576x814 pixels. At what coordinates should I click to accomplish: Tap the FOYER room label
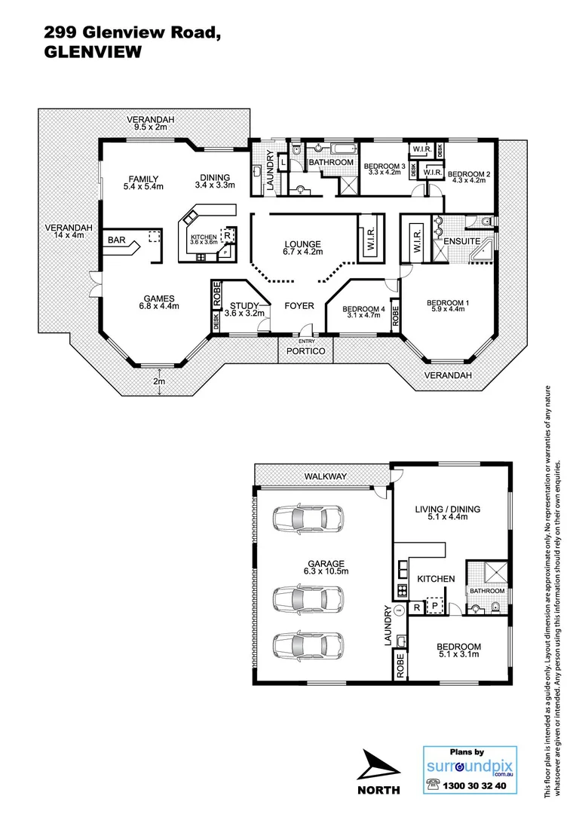(299, 306)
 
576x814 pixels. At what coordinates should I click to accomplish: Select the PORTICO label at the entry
(306, 352)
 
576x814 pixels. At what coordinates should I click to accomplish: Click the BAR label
(117, 240)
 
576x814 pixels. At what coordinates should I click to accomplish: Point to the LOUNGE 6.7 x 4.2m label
(302, 248)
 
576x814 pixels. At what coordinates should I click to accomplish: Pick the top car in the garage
(307, 519)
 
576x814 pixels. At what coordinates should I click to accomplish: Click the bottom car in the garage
(307, 646)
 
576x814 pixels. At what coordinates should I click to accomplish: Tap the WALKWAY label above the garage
(325, 476)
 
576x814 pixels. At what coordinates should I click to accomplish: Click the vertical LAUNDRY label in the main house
(269, 167)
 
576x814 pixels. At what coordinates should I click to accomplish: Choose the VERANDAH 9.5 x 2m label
(150, 124)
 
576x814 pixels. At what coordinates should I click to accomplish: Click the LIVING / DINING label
(448, 513)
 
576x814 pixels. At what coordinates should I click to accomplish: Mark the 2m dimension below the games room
(159, 381)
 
